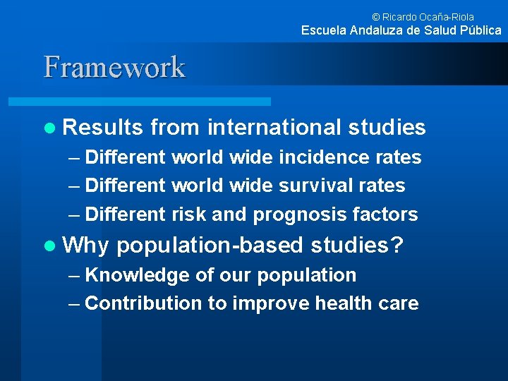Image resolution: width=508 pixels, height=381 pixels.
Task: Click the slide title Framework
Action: (x=114, y=67)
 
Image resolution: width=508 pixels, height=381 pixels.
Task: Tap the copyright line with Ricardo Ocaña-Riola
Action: (x=423, y=16)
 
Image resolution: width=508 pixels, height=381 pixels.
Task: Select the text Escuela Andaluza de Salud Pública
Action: (x=401, y=30)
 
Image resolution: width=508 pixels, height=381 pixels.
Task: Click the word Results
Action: (x=104, y=127)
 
